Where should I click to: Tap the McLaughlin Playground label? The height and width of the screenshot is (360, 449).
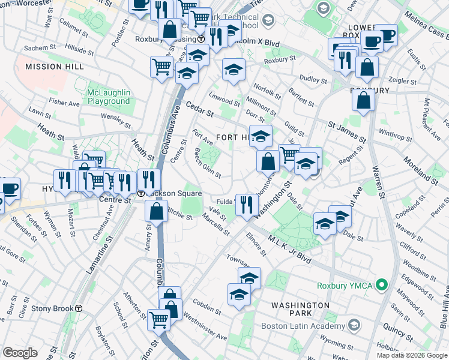pos(100,97)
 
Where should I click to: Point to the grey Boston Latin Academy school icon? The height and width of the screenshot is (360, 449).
pos(354,325)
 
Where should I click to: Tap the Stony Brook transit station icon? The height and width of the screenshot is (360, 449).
pos(78,309)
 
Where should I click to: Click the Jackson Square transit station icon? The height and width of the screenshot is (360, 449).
pos(140,194)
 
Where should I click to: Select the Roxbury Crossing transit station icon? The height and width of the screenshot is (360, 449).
pos(201,39)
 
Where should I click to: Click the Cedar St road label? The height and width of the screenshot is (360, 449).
pos(199,109)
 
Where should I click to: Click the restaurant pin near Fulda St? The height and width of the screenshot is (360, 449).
pos(247,205)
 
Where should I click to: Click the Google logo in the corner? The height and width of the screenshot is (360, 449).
pos(20,353)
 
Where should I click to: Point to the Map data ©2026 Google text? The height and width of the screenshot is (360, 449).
pos(412,355)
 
